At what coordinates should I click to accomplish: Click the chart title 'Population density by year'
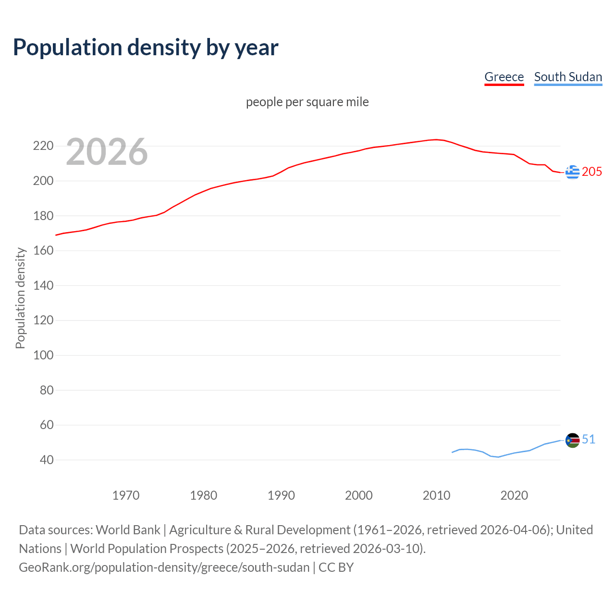point(146,48)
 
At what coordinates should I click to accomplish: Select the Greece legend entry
point(504,77)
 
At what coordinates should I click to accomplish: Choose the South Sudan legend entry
point(568,77)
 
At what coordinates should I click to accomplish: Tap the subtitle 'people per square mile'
point(307,102)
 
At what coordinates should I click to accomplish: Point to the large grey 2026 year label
point(107,152)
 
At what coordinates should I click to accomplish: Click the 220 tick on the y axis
point(43,146)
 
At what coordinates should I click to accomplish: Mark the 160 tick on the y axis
point(43,251)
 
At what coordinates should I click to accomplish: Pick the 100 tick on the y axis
point(43,356)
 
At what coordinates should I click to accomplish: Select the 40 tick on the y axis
point(46,460)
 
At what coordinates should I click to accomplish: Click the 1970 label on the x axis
point(126,495)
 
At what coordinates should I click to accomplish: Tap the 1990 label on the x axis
point(281,495)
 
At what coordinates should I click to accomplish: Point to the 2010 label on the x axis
point(436,495)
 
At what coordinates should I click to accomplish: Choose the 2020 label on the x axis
point(514,495)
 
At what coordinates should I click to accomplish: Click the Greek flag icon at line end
point(572,172)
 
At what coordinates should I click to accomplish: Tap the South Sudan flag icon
point(572,440)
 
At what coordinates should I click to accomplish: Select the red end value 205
point(592,172)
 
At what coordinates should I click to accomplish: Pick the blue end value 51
point(589,440)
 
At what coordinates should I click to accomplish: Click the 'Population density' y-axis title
point(20,298)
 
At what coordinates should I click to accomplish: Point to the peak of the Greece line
point(436,140)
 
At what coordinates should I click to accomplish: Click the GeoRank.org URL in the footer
point(164,567)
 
